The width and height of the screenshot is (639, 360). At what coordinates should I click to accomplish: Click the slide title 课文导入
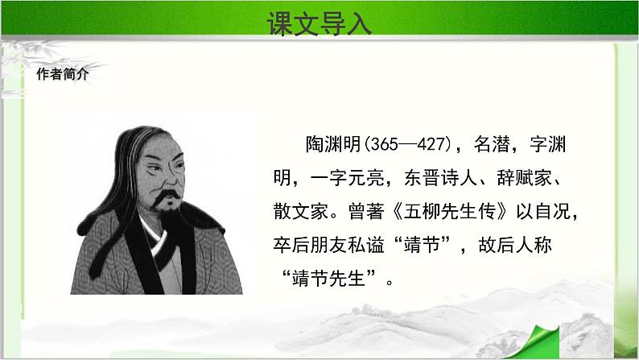[319, 23]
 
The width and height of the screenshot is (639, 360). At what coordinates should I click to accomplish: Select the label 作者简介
[62, 74]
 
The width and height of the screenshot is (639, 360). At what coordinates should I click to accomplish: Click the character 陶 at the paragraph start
[315, 144]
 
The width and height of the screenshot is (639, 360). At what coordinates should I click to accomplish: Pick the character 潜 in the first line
[501, 144]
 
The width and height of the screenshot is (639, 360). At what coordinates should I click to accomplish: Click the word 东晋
[422, 178]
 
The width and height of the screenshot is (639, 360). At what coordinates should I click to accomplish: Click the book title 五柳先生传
[450, 212]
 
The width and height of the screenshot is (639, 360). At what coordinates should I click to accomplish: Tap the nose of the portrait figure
[173, 179]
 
